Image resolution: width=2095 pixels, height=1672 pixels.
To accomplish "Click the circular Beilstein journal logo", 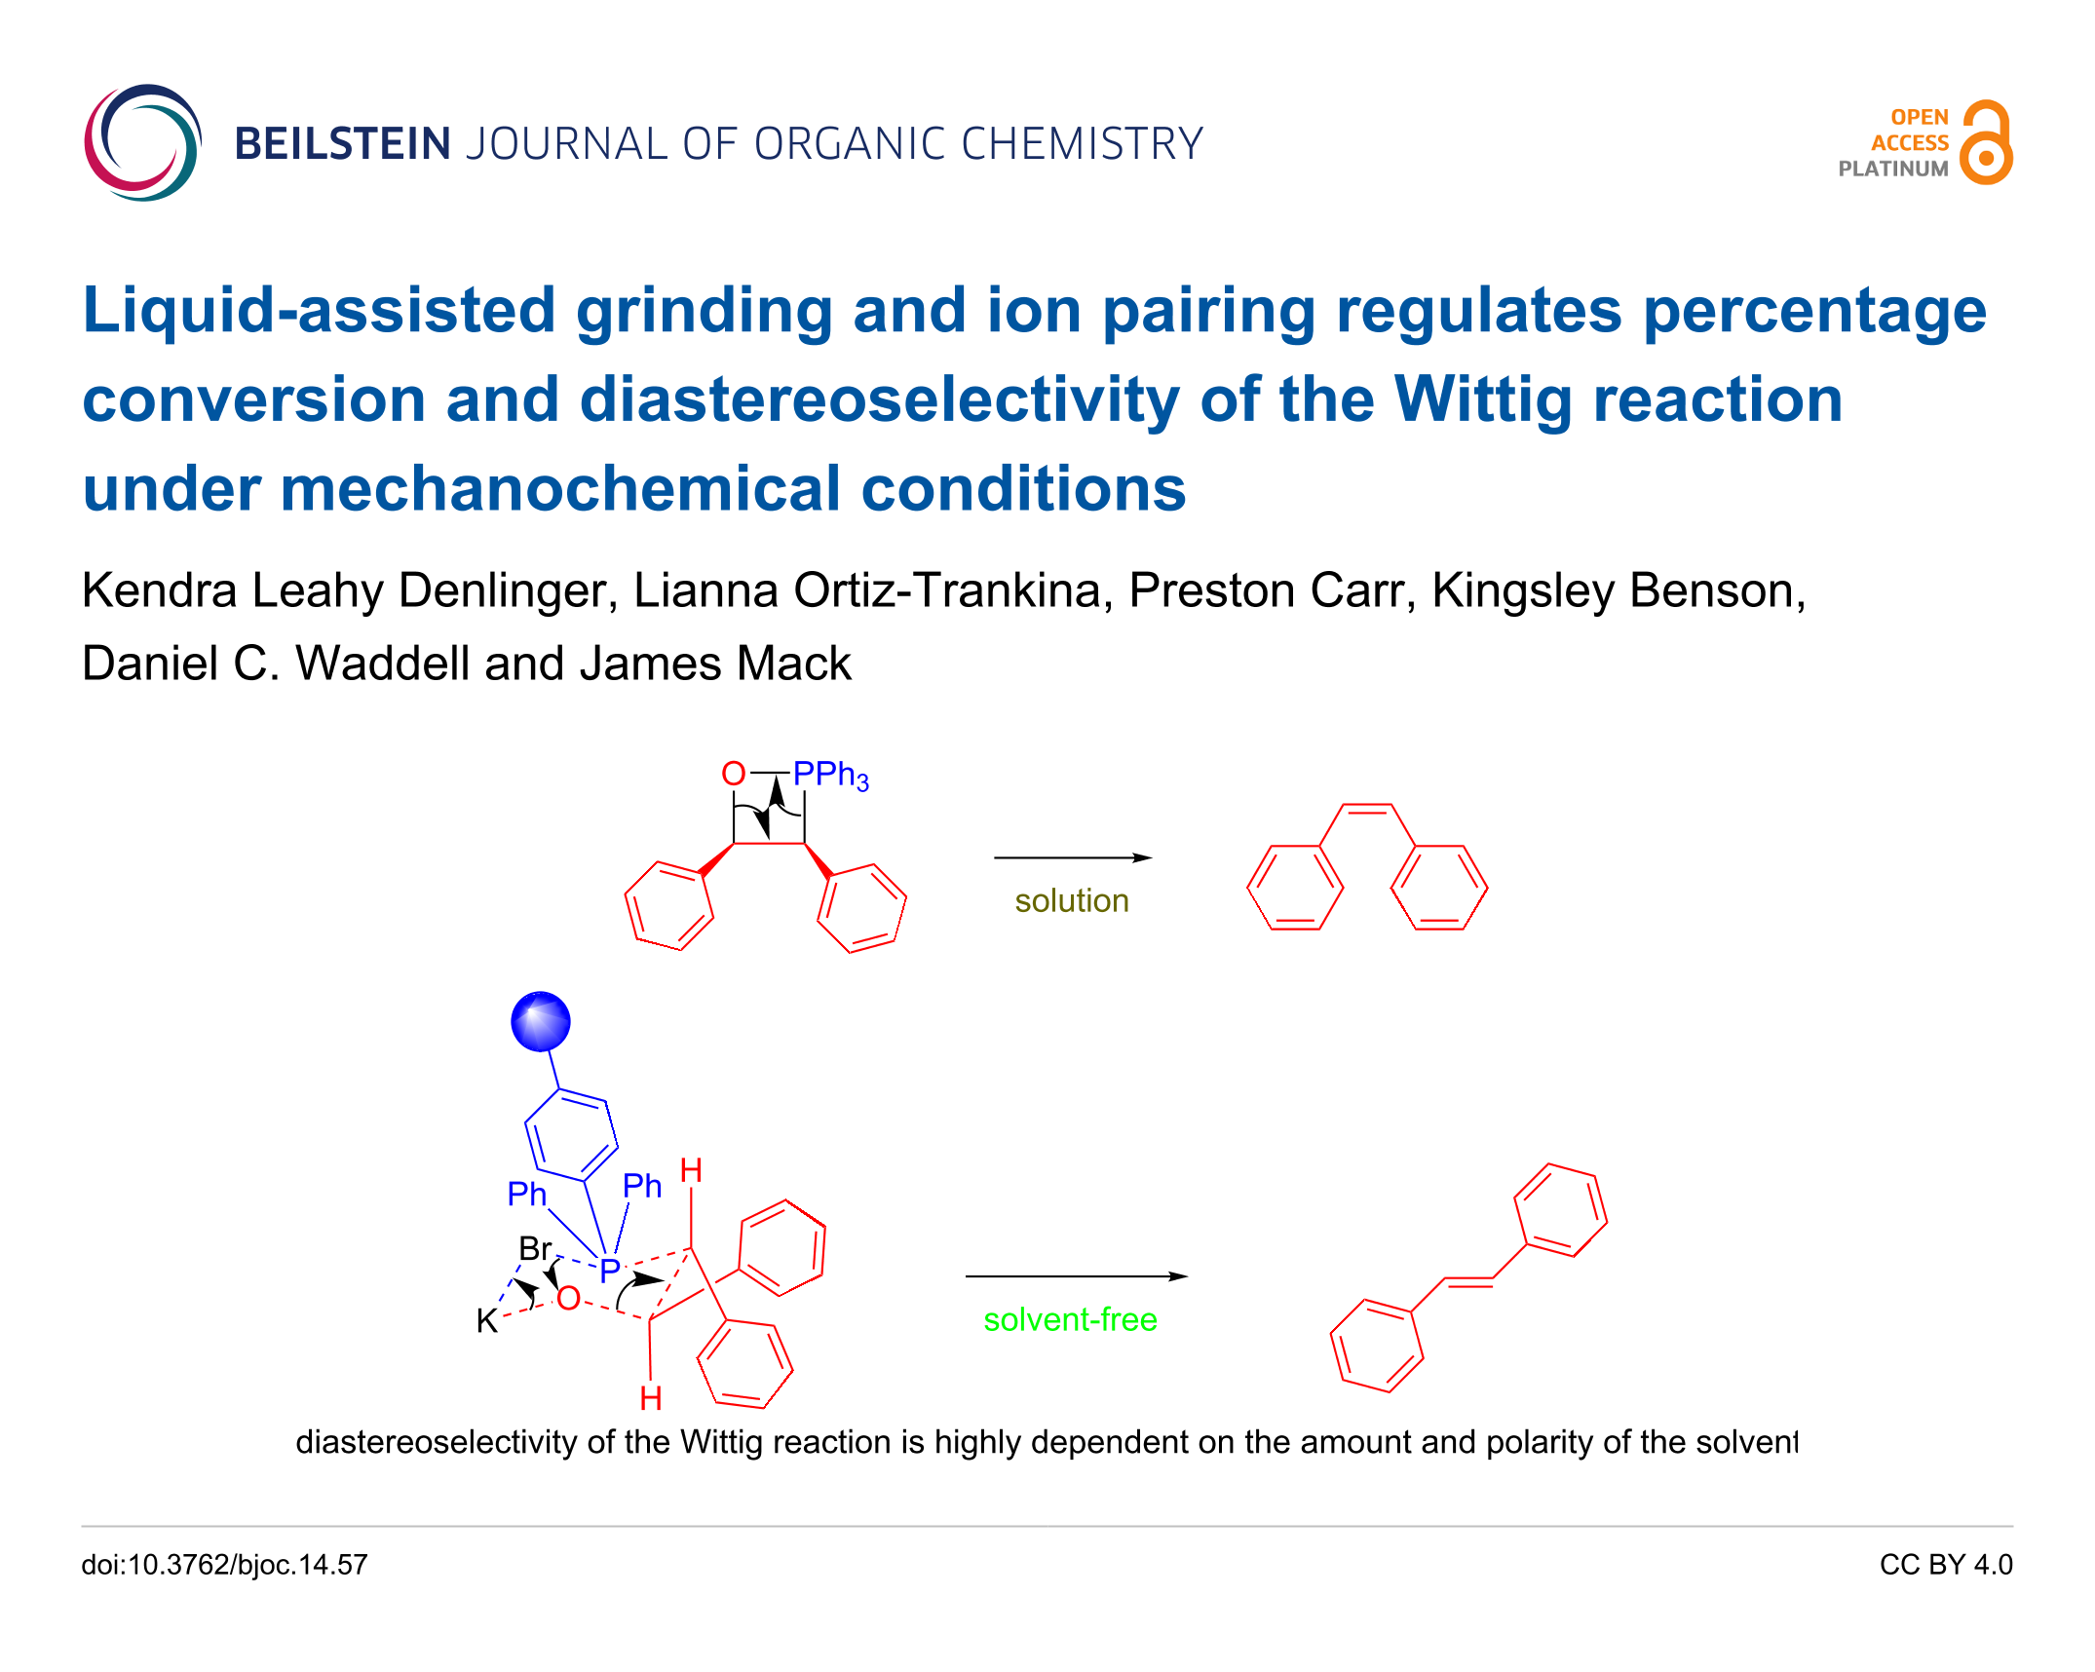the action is tap(143, 143).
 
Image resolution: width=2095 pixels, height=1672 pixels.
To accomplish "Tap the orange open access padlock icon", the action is tap(1986, 142).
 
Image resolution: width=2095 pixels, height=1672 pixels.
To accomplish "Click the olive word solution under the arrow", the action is tap(1072, 900).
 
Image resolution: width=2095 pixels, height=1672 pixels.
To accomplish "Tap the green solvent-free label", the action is tap(1070, 1319).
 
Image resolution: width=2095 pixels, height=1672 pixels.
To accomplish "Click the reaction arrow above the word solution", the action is tap(1073, 857).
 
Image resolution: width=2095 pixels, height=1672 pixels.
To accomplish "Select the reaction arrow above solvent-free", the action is tap(1077, 1276).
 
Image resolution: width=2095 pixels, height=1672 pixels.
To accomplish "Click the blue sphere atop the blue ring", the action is tap(541, 1022).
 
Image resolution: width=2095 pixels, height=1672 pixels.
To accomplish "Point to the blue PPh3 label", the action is tap(830, 776).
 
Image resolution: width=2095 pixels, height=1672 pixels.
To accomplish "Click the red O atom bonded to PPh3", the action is tap(733, 774).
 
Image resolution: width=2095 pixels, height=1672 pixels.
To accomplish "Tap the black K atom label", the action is tap(487, 1321).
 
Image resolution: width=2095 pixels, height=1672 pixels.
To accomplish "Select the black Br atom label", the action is tap(536, 1248).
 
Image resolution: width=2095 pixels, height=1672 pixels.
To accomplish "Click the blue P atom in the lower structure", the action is tap(610, 1271).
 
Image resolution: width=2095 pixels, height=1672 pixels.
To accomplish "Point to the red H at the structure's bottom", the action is tap(651, 1399).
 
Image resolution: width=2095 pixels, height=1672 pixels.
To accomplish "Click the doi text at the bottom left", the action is tap(224, 1565).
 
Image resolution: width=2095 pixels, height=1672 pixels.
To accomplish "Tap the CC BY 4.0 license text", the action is tap(1946, 1565).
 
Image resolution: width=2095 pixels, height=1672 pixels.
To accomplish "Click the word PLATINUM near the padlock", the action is tap(1893, 169).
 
